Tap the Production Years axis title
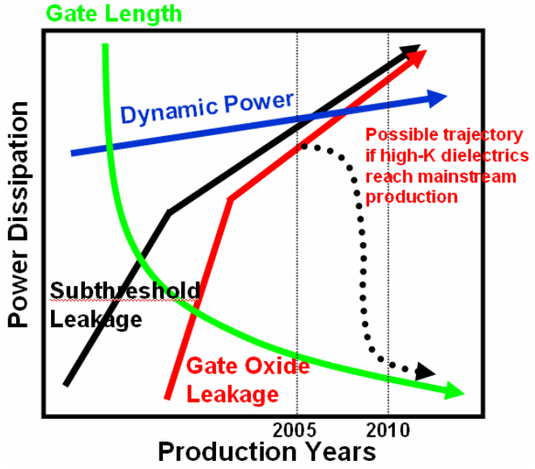[266, 450]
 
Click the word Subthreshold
[125, 292]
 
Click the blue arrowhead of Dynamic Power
[438, 98]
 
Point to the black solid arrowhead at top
[414, 49]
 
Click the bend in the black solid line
[168, 212]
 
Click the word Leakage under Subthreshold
[96, 319]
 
